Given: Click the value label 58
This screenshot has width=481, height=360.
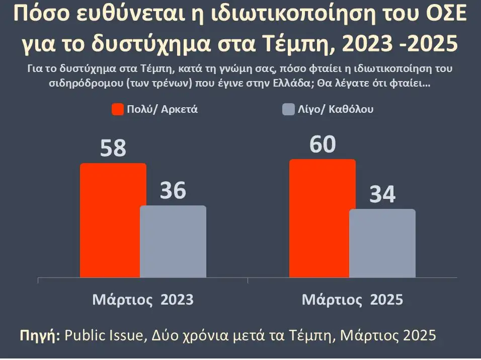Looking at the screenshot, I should pyautogui.click(x=113, y=149).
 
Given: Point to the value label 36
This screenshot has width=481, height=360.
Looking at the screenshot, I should pyautogui.click(x=173, y=191).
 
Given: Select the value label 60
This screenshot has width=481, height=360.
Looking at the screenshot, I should pyautogui.click(x=322, y=145).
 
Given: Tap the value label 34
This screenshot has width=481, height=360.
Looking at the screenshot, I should pyautogui.click(x=382, y=195).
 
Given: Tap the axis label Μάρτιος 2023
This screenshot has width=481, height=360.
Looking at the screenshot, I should pyautogui.click(x=143, y=300).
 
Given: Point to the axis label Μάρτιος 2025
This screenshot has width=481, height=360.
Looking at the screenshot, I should pyautogui.click(x=352, y=300).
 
